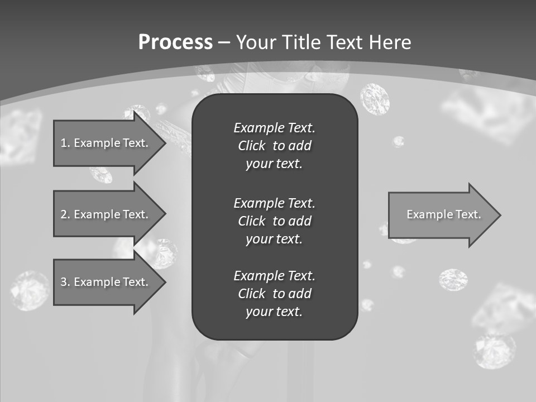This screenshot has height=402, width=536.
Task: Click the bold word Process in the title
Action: click(175, 42)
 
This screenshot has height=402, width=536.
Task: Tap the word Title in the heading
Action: click(302, 42)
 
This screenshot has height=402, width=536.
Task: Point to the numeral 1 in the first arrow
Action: click(63, 143)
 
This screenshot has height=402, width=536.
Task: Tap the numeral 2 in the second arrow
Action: click(64, 214)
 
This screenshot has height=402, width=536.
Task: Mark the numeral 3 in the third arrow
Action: click(64, 282)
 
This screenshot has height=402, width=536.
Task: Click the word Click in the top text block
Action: click(251, 146)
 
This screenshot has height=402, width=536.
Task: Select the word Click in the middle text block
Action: click(251, 221)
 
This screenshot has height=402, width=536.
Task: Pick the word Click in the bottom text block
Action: click(251, 294)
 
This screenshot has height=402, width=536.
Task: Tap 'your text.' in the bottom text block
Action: click(274, 312)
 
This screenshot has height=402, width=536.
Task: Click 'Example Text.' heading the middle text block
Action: click(274, 203)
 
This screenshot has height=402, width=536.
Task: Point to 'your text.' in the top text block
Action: click(274, 164)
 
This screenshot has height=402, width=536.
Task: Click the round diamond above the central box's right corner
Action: click(375, 99)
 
